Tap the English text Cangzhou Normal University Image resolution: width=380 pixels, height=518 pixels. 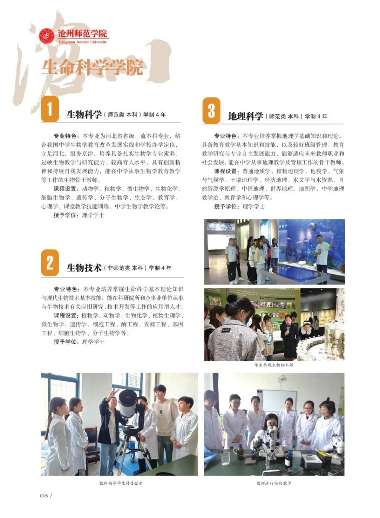coord(83,42)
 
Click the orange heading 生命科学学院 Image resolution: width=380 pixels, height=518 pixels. coord(92,67)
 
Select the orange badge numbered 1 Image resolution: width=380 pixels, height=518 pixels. coord(50,109)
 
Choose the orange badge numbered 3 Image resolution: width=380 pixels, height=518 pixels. coord(211,110)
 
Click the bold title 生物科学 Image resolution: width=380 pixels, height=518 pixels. coord(84,114)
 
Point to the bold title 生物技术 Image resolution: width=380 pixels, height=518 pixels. coord(84,268)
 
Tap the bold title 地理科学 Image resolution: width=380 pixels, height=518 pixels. coord(246,116)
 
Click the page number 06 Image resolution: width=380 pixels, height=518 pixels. coord(44,496)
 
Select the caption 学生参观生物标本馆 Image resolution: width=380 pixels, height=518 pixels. coord(274,365)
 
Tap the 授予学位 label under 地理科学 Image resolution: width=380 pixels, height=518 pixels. coord(226,206)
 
